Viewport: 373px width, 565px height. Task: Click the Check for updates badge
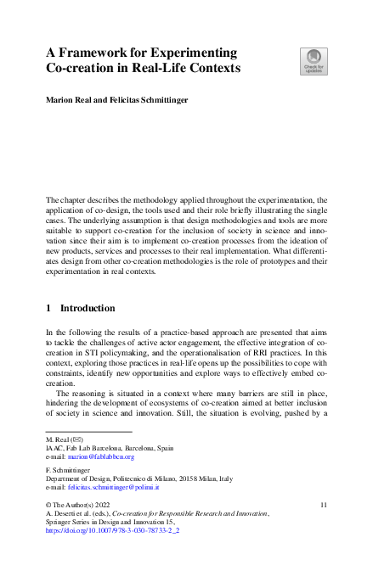point(312,60)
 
